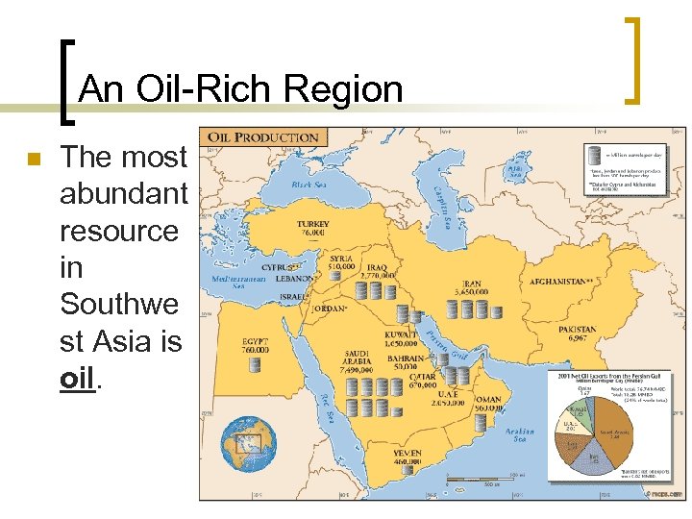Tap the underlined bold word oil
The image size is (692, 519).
[x=78, y=378]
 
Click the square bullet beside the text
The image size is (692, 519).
[x=33, y=160]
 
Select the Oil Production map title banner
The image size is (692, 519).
[x=264, y=138]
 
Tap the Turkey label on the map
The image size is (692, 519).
[x=312, y=228]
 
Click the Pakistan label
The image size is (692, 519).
[x=577, y=334]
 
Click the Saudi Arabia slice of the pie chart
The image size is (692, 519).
[x=610, y=442]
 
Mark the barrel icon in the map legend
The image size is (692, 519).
[x=598, y=154]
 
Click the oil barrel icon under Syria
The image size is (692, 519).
[x=341, y=278]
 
